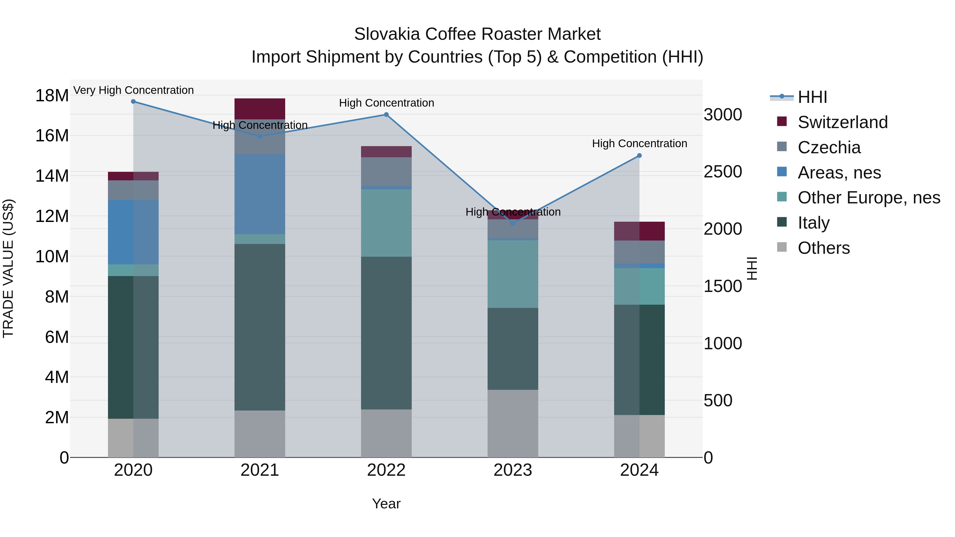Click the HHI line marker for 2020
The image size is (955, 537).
[x=133, y=102]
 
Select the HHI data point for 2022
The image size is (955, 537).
[x=386, y=115]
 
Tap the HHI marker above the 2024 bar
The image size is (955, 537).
[x=639, y=156]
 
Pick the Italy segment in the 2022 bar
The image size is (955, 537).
[x=386, y=333]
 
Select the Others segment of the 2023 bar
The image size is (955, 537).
[x=513, y=423]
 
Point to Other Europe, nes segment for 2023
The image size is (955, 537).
[x=513, y=274]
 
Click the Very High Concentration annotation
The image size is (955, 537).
[x=133, y=90]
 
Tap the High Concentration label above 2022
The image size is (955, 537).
[x=386, y=103]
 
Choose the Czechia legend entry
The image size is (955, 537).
[x=829, y=147]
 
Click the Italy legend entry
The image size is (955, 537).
[x=813, y=223]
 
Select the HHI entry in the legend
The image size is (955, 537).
[x=812, y=97]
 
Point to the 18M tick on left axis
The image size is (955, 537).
[x=52, y=96]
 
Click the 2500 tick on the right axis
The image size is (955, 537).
[x=723, y=172]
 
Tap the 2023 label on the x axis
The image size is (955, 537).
[x=513, y=470]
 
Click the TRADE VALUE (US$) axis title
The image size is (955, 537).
[x=8, y=268]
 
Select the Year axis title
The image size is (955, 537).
[x=386, y=504]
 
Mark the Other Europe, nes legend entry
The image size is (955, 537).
[x=869, y=198]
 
